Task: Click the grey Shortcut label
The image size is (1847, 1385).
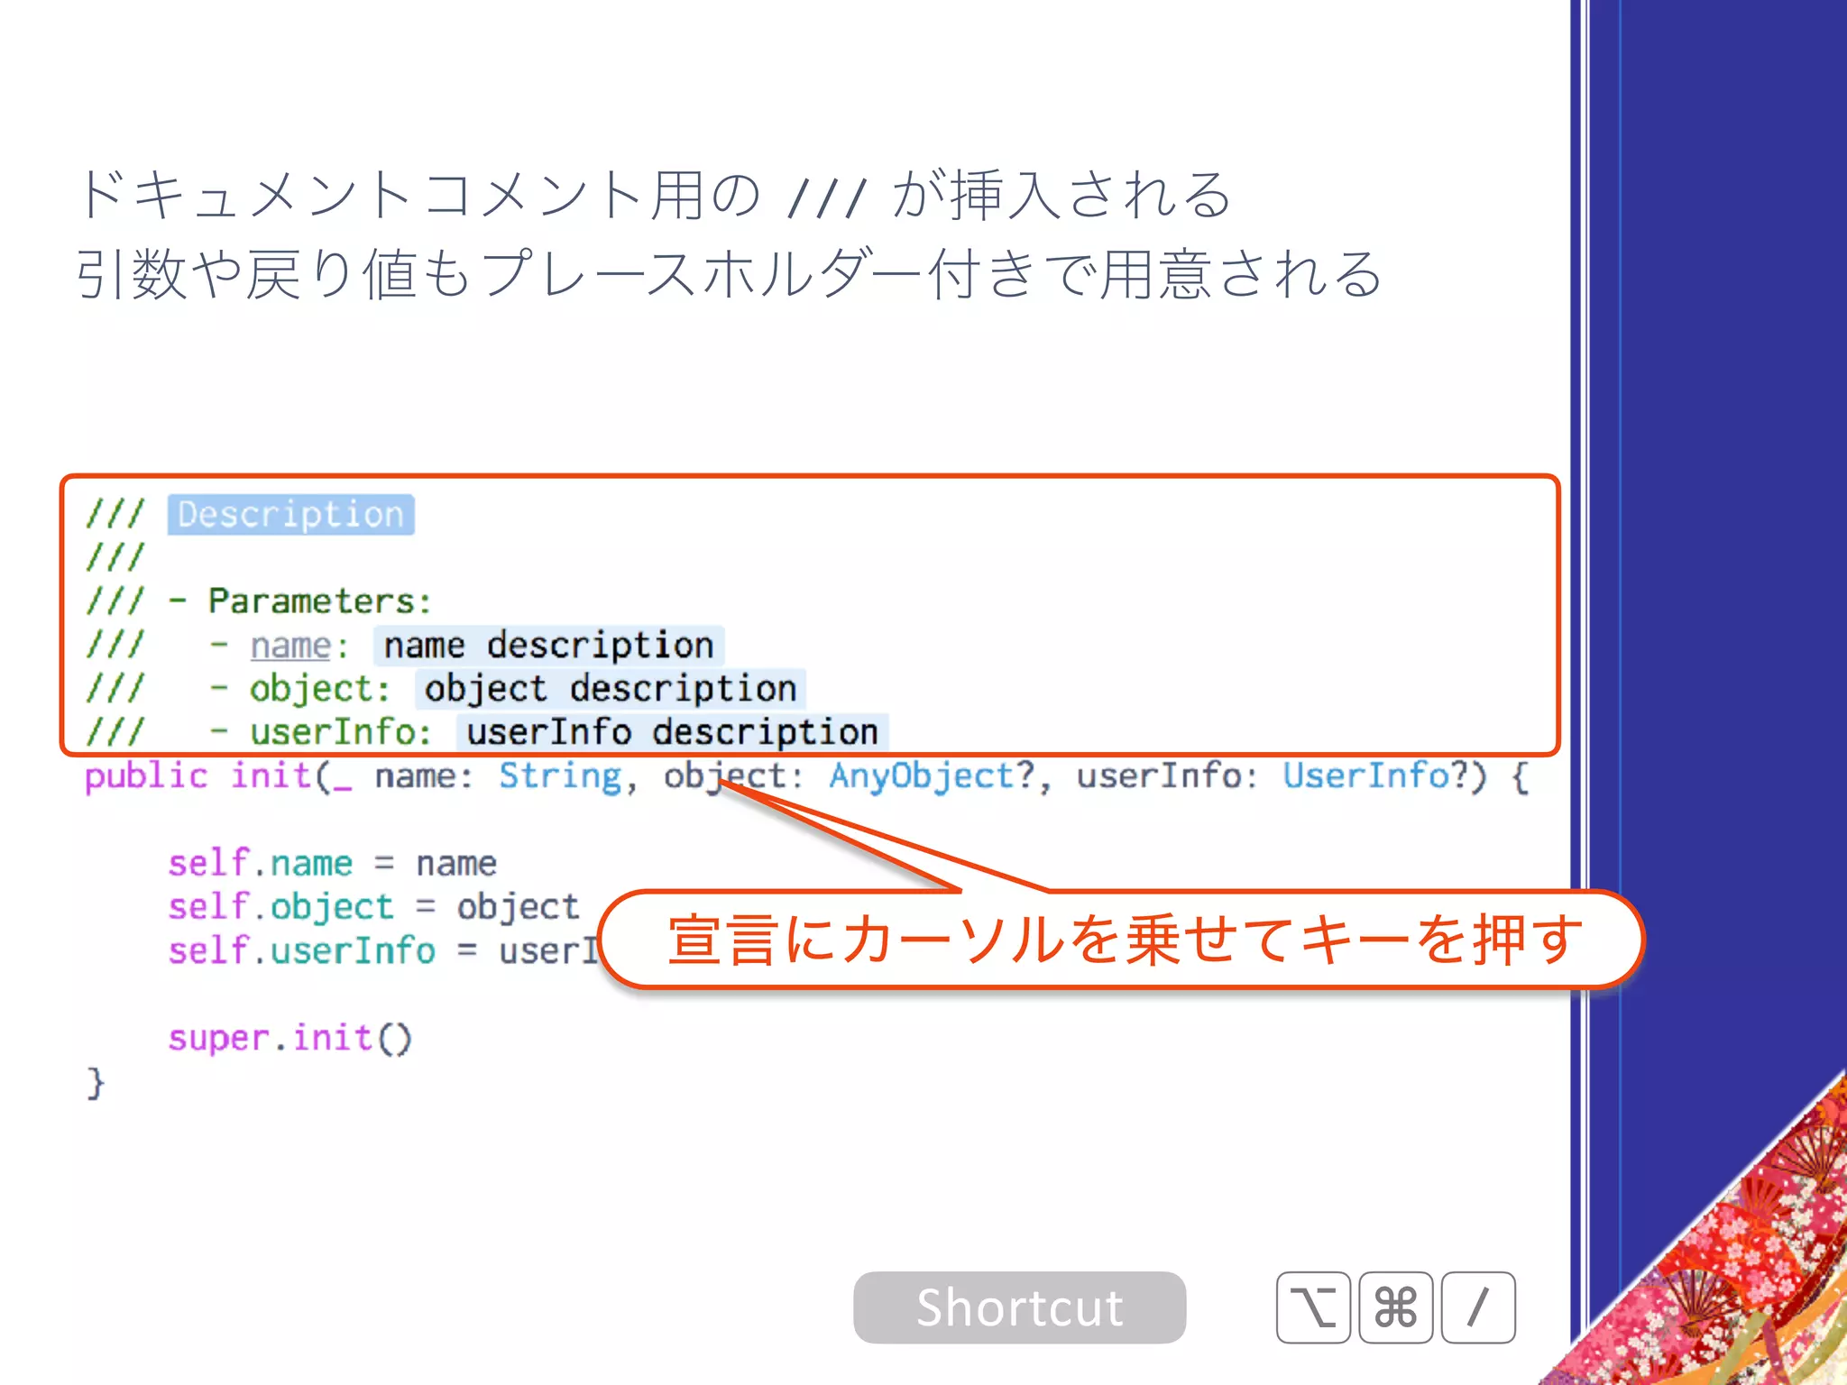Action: pos(1019,1307)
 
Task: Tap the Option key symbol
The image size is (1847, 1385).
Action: pos(1313,1307)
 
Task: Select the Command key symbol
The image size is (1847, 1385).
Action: pos(1395,1307)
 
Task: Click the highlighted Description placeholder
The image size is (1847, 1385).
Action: pos(290,515)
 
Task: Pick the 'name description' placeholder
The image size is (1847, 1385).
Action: pos(548,646)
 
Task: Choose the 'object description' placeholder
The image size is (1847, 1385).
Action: pos(611,689)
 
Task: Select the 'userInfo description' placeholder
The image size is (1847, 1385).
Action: pos(672,732)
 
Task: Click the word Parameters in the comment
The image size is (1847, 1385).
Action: pos(312,601)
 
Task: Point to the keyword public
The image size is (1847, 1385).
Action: pos(146,776)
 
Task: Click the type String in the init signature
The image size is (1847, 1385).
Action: pos(560,776)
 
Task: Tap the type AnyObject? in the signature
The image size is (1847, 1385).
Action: pos(932,776)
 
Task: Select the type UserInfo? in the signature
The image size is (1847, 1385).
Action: pos(1377,776)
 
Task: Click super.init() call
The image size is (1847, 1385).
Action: pos(289,1039)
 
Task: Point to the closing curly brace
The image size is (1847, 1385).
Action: pos(96,1082)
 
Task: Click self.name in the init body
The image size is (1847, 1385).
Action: pos(260,864)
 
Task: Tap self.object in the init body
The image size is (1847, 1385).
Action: pos(280,907)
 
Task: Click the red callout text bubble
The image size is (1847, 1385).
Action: pos(1123,940)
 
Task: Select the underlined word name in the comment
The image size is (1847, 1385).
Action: pos(290,646)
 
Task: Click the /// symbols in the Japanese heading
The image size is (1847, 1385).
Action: pos(826,197)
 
